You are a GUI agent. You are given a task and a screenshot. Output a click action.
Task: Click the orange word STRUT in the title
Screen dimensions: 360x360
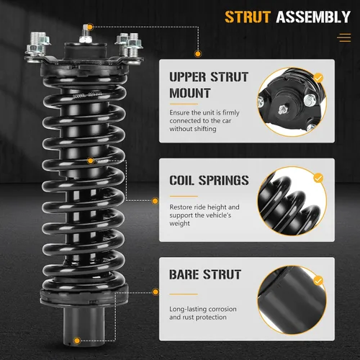point(248,17)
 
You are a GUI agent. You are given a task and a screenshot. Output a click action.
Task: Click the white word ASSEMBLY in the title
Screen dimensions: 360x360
point(313,17)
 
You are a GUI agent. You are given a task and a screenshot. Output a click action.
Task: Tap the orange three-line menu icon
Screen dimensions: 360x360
point(344,37)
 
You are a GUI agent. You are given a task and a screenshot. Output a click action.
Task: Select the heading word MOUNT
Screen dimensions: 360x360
point(190,93)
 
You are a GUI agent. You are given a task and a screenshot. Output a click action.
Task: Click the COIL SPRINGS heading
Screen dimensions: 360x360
point(209,180)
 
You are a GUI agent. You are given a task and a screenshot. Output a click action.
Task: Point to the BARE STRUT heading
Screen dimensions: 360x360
point(205,274)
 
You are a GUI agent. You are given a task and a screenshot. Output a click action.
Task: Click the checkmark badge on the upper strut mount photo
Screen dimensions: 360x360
point(318,78)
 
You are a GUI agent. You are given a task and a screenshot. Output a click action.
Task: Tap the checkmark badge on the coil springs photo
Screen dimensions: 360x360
point(318,178)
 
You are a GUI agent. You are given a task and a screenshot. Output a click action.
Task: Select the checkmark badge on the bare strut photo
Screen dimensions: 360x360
point(318,281)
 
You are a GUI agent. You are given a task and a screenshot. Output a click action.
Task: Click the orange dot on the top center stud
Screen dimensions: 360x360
point(90,27)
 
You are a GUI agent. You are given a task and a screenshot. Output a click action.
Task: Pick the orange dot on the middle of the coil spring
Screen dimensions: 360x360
point(91,161)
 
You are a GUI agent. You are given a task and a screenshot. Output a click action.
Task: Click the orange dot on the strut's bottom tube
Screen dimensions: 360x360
point(77,341)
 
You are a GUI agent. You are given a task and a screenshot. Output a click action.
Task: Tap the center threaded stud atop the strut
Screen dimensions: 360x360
point(86,35)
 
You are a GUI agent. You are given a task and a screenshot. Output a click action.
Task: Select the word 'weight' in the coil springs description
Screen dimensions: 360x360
point(179,224)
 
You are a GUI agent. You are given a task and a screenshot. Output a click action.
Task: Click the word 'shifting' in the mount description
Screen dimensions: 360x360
point(205,129)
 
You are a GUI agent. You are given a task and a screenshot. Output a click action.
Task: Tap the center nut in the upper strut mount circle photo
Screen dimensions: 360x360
point(282,110)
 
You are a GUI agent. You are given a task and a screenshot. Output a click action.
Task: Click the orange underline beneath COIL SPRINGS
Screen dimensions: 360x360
point(184,196)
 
